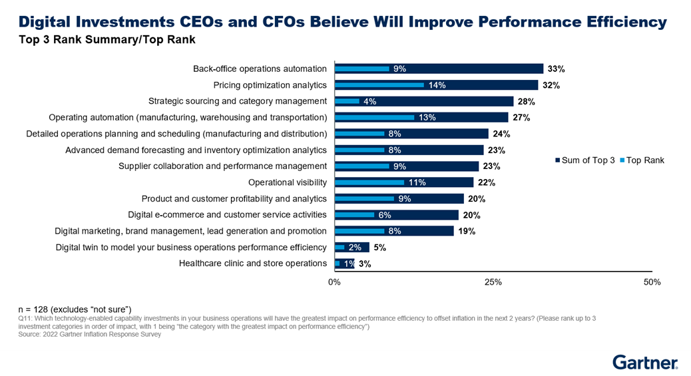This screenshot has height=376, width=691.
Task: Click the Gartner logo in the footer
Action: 644,363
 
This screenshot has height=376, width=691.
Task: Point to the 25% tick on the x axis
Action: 493,282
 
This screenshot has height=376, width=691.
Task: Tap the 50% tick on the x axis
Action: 652,282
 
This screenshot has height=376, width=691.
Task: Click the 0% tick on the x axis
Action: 335,282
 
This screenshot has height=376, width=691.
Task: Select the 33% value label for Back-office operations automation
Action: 556,69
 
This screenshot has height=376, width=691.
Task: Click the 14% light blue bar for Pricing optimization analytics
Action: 379,85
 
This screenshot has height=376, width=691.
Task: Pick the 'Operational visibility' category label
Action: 287,182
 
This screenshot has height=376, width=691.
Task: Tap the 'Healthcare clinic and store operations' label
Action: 253,264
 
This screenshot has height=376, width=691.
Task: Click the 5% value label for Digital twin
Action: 379,248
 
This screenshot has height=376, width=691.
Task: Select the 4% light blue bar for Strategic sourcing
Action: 347,101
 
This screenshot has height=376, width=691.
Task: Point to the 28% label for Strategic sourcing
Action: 526,101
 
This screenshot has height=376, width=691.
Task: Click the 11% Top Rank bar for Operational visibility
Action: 369,182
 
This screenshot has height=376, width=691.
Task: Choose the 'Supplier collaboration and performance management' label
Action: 222,166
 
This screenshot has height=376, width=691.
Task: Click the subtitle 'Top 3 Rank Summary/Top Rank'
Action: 107,40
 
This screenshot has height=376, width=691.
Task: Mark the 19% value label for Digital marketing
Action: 466,232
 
